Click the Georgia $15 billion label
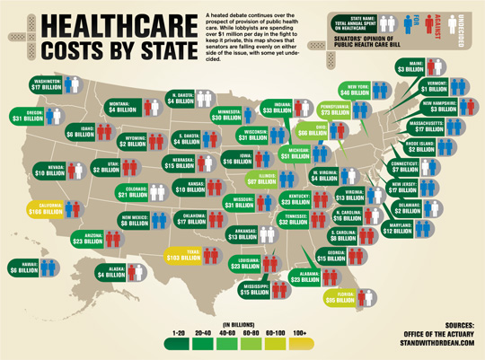[x=339, y=255]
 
